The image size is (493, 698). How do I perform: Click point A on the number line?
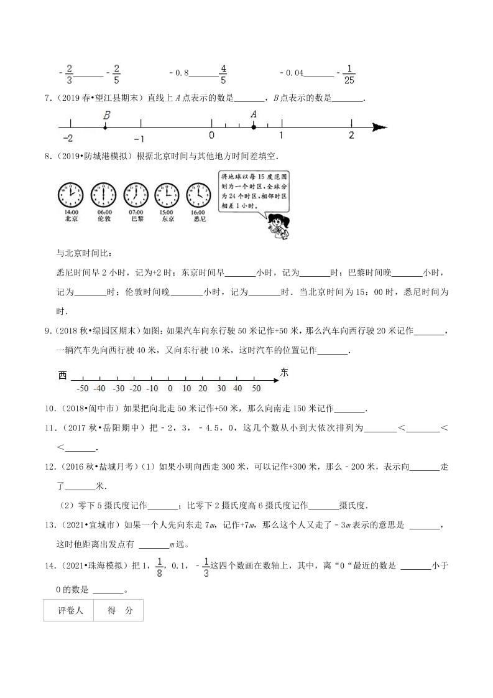tap(253, 127)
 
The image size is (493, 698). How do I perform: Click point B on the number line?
tap(104, 127)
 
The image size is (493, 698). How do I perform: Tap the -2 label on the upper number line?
tap(68, 138)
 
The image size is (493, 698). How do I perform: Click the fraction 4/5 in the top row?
tap(223, 73)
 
